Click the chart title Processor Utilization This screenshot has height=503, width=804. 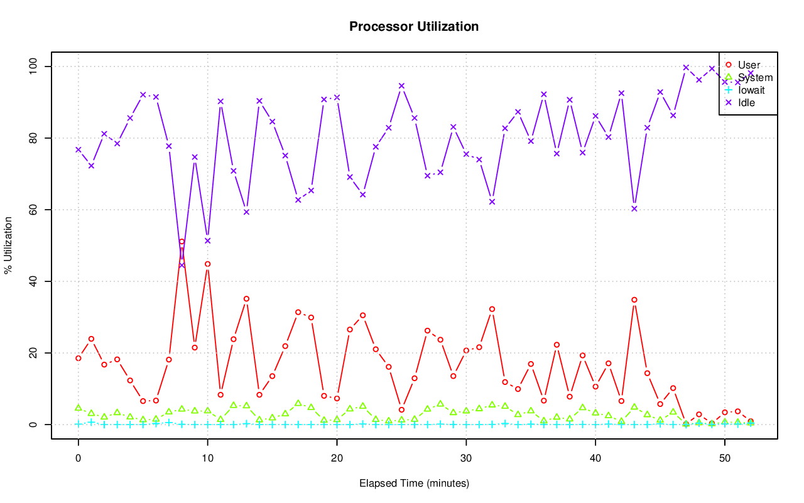414,26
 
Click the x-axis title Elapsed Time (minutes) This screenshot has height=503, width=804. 414,483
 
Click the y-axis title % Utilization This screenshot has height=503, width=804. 9,246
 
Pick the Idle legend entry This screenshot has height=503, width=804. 746,102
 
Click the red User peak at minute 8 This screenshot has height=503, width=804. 182,242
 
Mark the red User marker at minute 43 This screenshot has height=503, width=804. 634,300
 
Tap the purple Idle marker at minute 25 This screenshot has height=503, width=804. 401,86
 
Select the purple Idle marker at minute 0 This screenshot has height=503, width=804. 79,149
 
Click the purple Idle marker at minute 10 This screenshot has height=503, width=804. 207,241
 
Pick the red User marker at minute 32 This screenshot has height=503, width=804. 492,309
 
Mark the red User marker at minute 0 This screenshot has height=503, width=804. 79,358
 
